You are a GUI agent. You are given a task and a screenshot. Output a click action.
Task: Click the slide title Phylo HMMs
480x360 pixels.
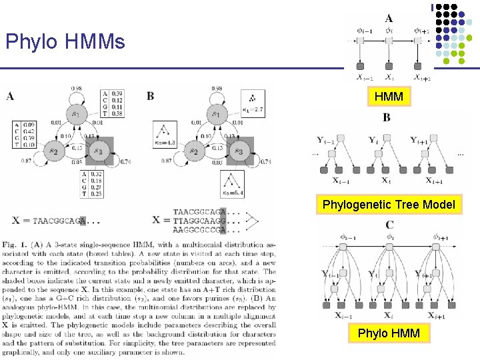click(65, 43)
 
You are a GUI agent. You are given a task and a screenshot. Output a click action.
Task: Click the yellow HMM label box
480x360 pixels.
click(389, 97)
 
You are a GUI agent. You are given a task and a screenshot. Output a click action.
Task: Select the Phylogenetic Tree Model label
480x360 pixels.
click(389, 205)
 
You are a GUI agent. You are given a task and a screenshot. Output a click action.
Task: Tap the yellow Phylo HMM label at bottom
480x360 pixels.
click(389, 332)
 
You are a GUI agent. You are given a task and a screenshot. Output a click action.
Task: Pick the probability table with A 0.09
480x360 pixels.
click(25, 133)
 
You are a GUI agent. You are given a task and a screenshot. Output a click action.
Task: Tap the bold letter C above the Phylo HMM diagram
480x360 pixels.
click(389, 225)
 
